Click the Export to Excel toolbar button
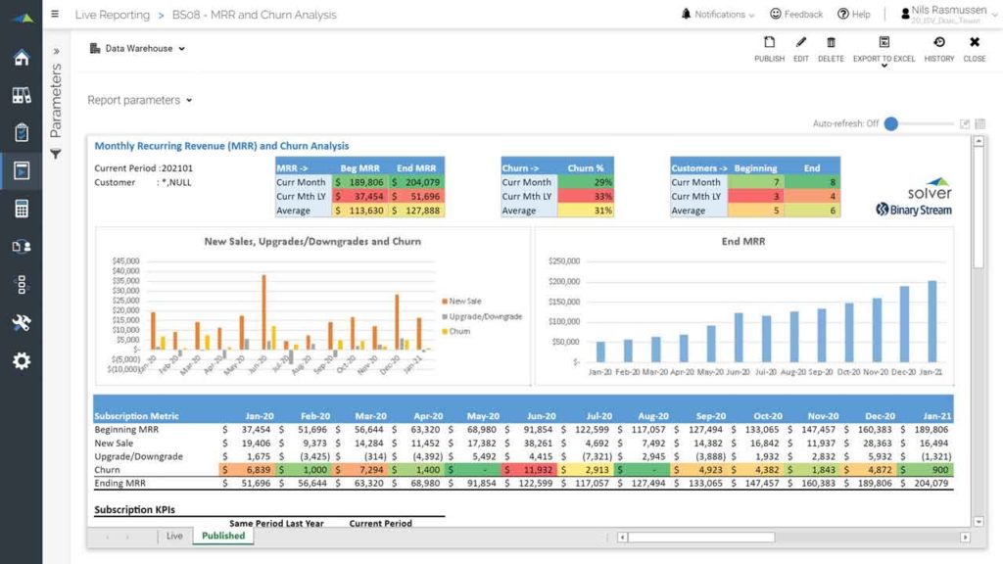click(x=884, y=49)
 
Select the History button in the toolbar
click(x=938, y=49)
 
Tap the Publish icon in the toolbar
click(x=769, y=49)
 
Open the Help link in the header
click(x=853, y=15)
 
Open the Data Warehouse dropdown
click(x=137, y=48)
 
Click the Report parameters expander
click(x=140, y=100)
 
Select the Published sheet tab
click(x=223, y=536)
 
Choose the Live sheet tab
click(x=174, y=536)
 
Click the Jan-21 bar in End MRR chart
click(x=932, y=322)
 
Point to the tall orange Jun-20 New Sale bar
click(x=264, y=311)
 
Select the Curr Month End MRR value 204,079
click(x=416, y=182)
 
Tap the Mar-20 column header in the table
click(x=363, y=416)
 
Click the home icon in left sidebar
click(x=21, y=57)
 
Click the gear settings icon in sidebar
click(x=21, y=361)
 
